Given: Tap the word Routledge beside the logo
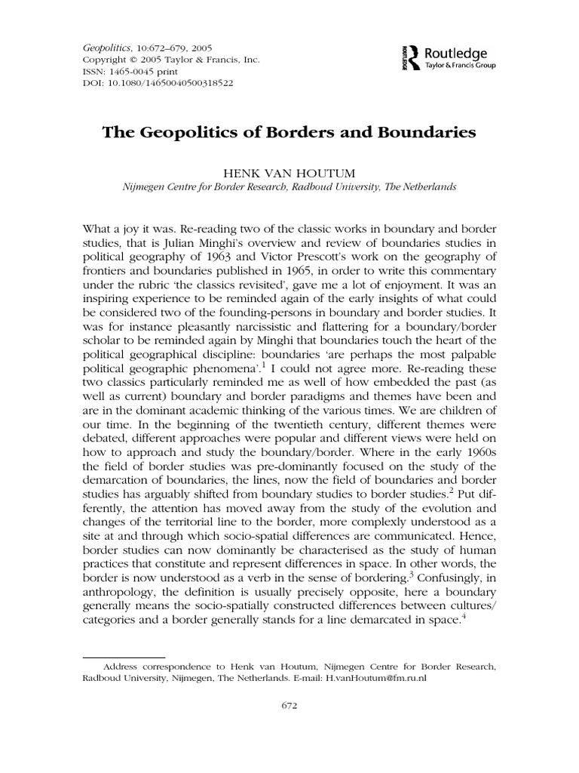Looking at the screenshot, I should point(456,53).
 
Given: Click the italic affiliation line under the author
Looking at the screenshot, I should point(289,186).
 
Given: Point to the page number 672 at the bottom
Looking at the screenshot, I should point(289,728).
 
